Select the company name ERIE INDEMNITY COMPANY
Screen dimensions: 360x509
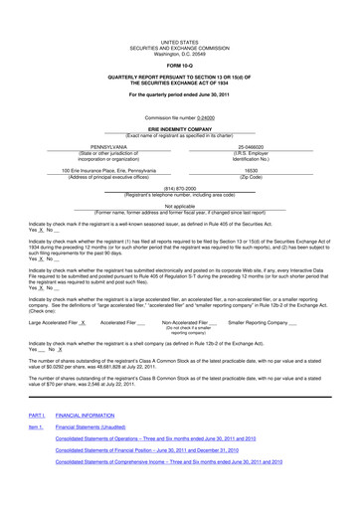click(x=180, y=128)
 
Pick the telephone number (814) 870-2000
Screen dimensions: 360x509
click(x=180, y=188)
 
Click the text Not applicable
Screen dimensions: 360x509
click(x=180, y=206)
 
